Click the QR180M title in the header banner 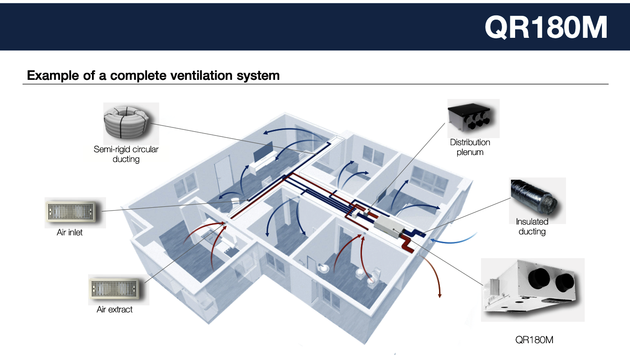546,27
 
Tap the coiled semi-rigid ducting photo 126,122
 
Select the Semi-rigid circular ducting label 126,154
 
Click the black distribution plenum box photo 470,118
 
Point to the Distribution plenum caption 470,147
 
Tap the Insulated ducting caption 532,226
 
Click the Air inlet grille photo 71,212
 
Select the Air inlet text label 70,233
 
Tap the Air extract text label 114,310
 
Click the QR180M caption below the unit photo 534,340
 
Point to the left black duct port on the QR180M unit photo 538,278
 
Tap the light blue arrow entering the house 453,240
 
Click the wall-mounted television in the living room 263,152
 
